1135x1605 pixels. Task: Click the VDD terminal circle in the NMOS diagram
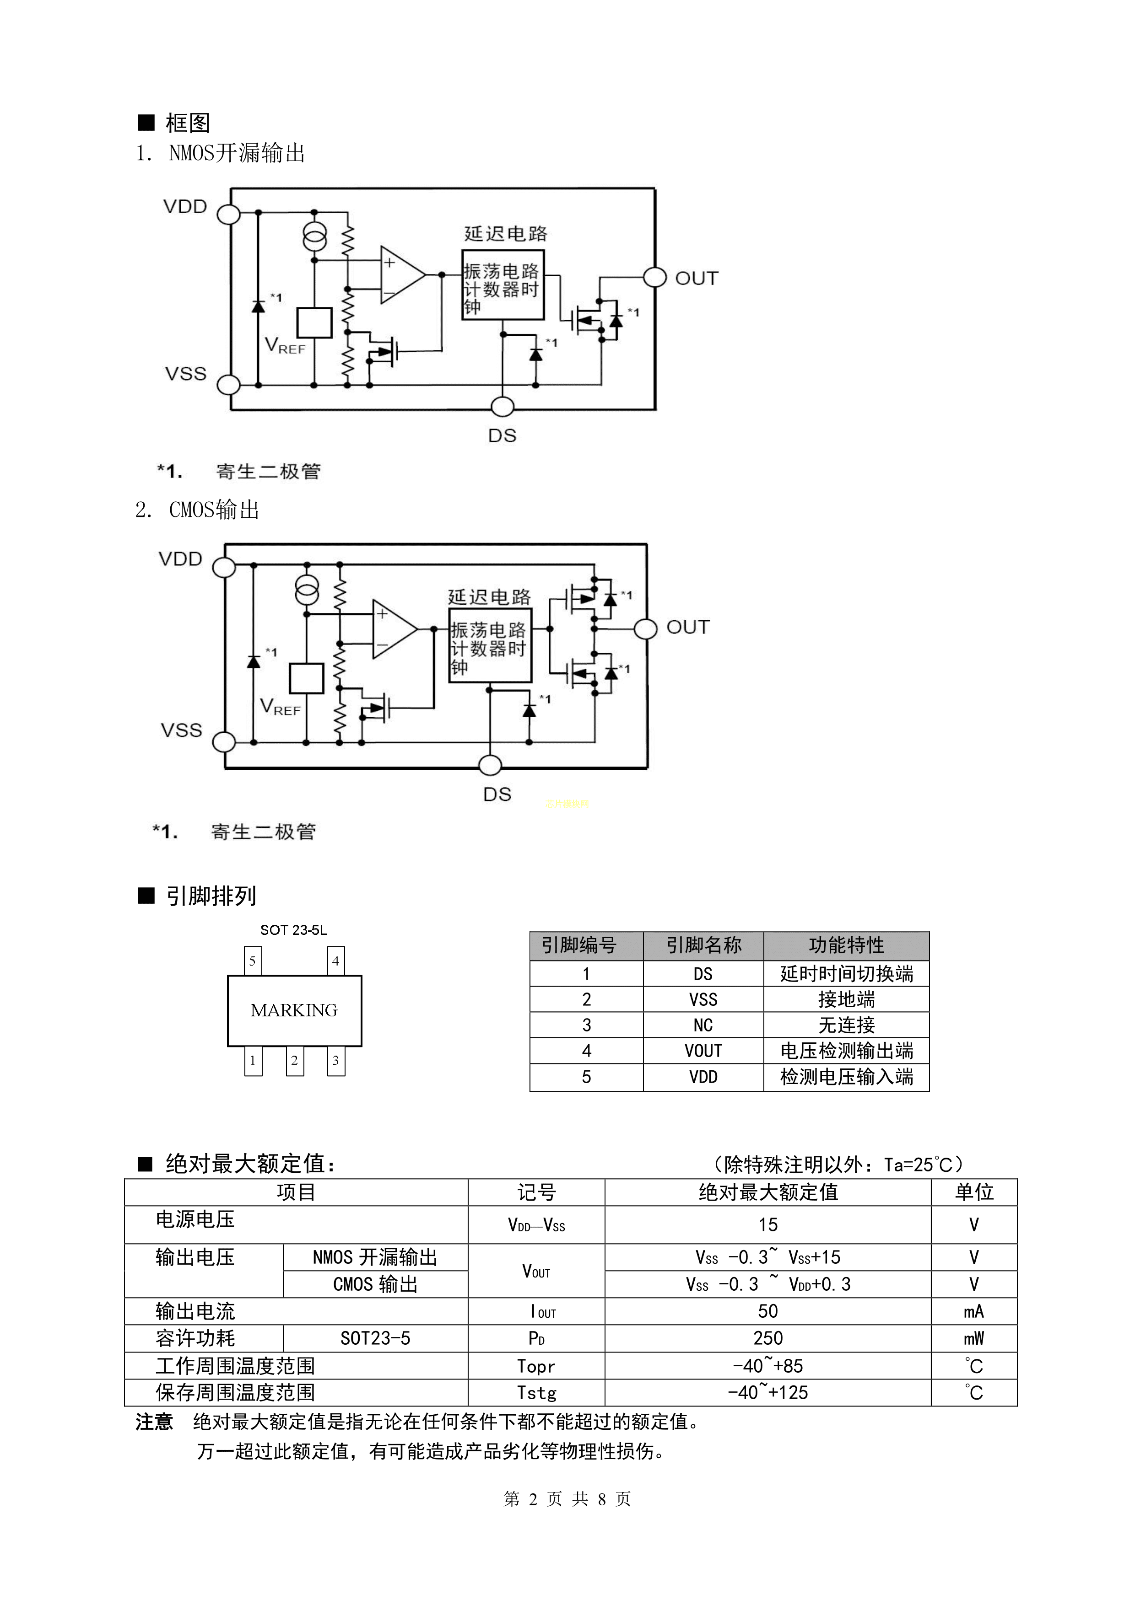[229, 214]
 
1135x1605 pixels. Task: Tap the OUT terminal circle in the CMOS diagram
[645, 628]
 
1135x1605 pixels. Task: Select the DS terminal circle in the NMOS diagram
[502, 406]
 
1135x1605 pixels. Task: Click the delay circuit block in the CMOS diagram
[490, 646]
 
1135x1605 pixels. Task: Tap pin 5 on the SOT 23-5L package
[253, 961]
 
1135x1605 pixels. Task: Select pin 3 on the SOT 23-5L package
[335, 1060]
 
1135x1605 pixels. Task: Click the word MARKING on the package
[294, 1010]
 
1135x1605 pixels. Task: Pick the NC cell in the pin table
[703, 1025]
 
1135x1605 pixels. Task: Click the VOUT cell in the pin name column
[703, 1051]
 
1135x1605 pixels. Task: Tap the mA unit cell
[973, 1311]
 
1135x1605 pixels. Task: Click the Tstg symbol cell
[536, 1392]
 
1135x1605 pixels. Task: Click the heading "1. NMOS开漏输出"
[220, 153]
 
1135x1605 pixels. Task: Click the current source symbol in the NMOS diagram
[314, 236]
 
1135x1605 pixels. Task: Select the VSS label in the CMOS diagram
[181, 730]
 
